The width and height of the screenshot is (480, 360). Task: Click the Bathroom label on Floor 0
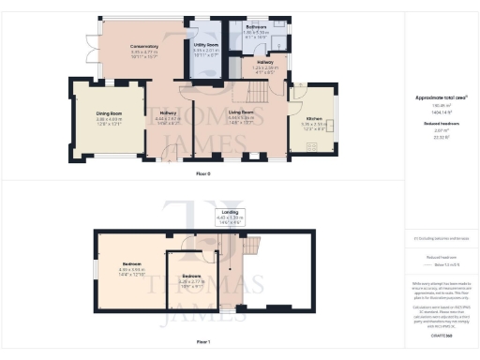[258, 28]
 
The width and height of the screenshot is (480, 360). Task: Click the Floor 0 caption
[202, 173]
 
